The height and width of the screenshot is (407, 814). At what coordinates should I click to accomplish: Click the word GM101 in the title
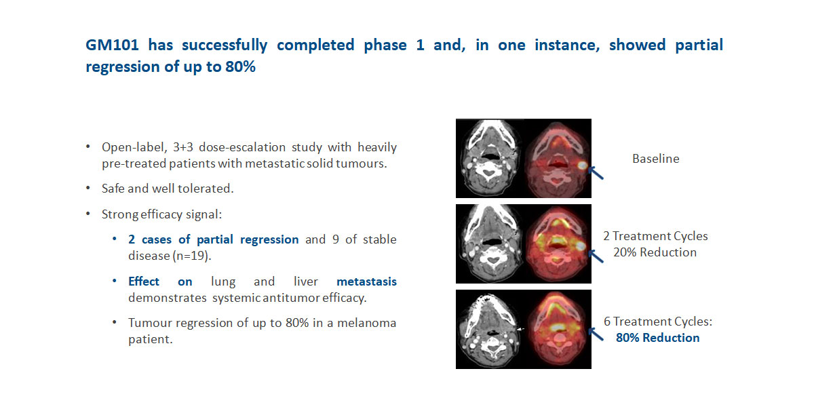113,45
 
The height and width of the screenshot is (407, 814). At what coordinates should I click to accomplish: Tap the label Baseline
655,159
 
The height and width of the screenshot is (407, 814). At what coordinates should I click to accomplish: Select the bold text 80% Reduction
658,338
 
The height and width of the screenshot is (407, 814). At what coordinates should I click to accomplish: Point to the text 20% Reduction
655,252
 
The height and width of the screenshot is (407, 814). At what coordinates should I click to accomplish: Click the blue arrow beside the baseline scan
596,173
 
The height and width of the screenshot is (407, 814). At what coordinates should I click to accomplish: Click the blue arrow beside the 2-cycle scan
596,256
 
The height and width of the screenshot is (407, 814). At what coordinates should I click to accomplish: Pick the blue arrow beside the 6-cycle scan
596,334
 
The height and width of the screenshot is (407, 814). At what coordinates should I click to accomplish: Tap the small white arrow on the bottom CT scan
520,329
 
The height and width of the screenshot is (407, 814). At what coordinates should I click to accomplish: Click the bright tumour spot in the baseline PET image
582,166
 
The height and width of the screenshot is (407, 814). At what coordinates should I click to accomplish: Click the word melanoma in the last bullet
367,323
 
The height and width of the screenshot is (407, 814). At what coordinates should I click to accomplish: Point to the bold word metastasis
366,282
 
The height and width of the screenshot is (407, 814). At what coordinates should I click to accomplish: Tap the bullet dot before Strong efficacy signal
88,214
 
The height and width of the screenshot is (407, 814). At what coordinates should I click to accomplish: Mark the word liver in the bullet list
306,282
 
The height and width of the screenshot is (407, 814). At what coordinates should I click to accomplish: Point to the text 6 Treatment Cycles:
658,322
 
